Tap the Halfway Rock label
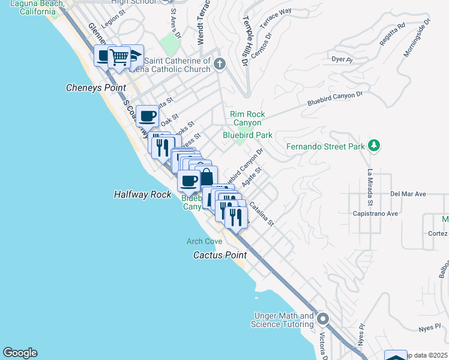tap(142, 194)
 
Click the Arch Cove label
tap(204, 241)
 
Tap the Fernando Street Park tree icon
tap(374, 146)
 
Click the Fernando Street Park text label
tap(325, 146)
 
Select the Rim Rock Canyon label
tap(247, 118)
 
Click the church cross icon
tap(220, 63)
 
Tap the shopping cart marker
tap(120, 57)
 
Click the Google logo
tap(20, 353)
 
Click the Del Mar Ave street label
tap(408, 194)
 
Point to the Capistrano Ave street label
tap(376, 213)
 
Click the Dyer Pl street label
tap(340, 59)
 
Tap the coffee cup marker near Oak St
tap(147, 115)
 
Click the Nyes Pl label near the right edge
tap(430, 328)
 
